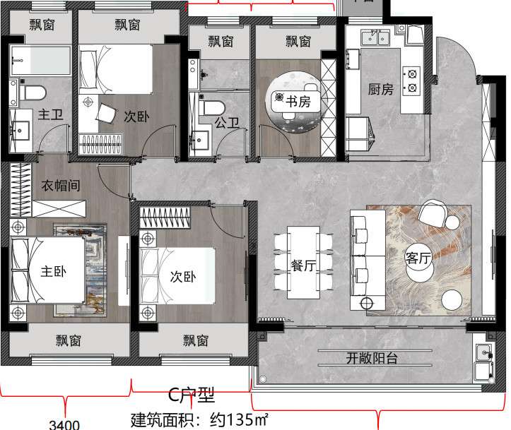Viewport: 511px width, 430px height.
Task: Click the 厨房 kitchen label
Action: click(x=380, y=90)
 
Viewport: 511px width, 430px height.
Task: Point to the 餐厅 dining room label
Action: click(x=303, y=265)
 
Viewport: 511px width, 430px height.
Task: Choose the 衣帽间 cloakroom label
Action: click(x=61, y=186)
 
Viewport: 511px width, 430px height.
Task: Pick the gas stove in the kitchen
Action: click(x=411, y=79)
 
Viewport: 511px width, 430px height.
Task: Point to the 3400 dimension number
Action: click(x=64, y=424)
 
